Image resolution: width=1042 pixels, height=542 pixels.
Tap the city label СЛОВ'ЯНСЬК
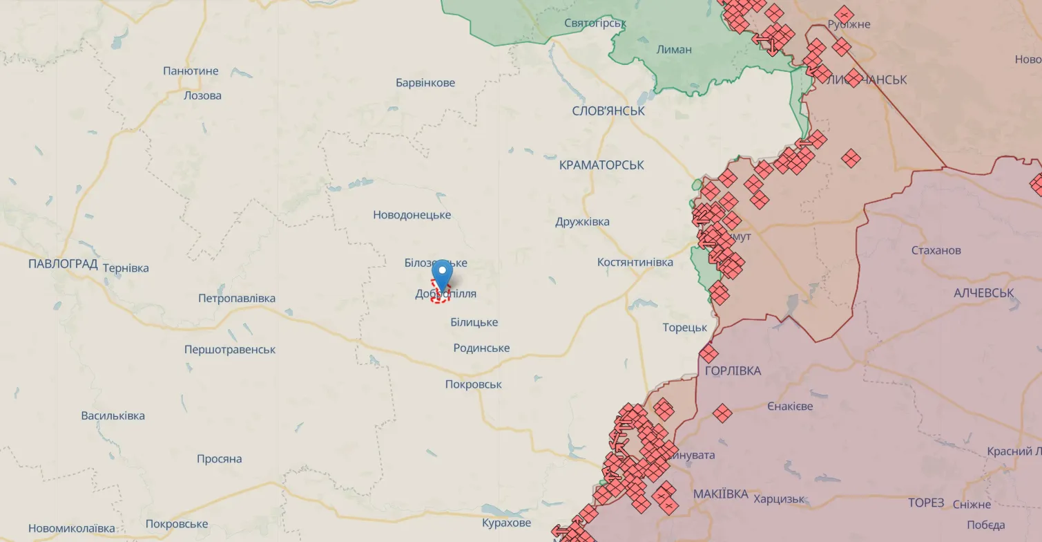[608, 111]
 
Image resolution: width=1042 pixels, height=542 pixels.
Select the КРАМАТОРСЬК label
[601, 165]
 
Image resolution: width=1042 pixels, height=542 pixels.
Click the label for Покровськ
[473, 384]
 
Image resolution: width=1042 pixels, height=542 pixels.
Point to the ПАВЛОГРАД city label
[63, 263]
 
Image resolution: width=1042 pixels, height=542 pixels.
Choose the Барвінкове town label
[425, 83]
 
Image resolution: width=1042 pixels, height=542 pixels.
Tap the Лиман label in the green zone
[674, 49]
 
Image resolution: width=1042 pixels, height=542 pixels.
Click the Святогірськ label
[595, 23]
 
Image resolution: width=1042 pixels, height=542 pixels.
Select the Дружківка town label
[582, 222]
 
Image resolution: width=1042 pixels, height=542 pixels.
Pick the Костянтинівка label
[635, 263]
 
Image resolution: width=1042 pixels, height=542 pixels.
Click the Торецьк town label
[684, 328]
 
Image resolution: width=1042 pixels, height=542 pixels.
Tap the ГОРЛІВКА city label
[733, 371]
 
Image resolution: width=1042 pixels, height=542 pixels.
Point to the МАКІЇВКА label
[720, 494]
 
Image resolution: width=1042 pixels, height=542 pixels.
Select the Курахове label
[506, 523]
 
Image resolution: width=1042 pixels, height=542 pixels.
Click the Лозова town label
[202, 95]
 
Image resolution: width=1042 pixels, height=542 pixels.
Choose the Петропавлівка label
[236, 299]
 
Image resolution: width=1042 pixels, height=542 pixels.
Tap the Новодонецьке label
[412, 215]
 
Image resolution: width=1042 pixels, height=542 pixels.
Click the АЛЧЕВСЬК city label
[983, 293]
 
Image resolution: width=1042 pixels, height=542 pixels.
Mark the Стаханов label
[936, 250]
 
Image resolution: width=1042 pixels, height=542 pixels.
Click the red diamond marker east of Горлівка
[722, 413]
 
